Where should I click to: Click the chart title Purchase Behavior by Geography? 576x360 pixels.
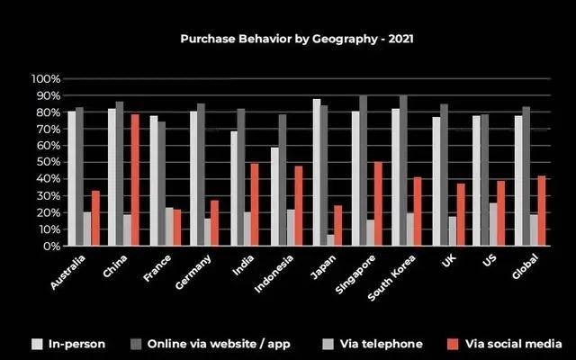[297, 39]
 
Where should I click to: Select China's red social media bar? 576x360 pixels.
[135, 180]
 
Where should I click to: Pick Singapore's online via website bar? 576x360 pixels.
[363, 171]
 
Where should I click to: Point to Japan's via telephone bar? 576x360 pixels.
[332, 240]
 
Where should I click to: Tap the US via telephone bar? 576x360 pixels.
[493, 224]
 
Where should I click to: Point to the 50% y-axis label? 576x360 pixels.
[47, 163]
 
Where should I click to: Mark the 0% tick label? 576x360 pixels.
[50, 246]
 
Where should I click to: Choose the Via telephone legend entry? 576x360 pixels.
[387, 343]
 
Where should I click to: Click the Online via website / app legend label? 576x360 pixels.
[216, 343]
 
